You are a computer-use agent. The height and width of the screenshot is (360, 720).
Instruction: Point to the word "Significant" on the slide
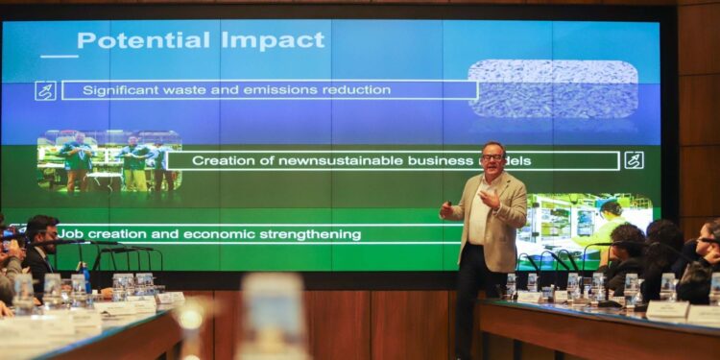120,90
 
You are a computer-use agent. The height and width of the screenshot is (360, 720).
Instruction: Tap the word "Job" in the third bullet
70,234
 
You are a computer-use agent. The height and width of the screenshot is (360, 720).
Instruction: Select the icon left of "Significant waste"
45,90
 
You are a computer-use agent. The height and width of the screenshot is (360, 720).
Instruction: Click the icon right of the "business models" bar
634,160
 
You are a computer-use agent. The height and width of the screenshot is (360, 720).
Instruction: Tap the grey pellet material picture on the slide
553,88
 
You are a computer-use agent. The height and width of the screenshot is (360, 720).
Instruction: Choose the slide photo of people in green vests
108,161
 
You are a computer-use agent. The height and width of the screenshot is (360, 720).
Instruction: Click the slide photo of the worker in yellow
586,227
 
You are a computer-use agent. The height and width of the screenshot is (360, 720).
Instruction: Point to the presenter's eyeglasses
492,156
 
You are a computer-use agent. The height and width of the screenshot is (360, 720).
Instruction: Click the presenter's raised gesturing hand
488,197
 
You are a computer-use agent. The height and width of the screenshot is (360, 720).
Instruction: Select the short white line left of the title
59,56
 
